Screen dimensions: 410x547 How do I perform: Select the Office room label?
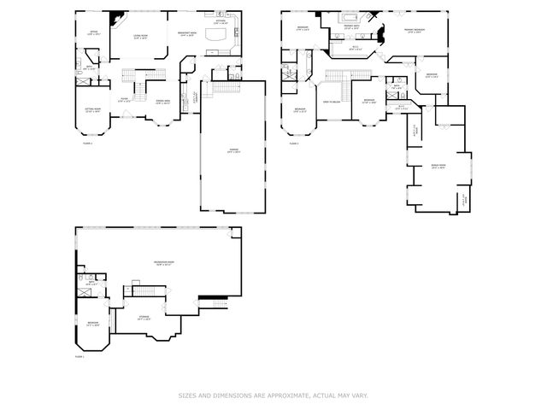pos(94,34)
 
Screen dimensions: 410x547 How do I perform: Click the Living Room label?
pos(141,37)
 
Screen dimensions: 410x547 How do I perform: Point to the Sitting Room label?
pos(92,110)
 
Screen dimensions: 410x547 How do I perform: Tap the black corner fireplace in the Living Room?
pos(115,17)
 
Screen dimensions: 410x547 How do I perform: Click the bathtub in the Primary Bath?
pos(350,17)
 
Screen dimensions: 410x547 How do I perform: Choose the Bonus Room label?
pos(438,167)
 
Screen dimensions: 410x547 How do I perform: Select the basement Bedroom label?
pos(93,324)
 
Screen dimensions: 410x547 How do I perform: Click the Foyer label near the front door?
pos(123,101)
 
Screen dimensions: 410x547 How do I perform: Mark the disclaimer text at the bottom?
pos(273,395)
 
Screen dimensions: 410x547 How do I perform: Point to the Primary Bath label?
pos(350,27)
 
